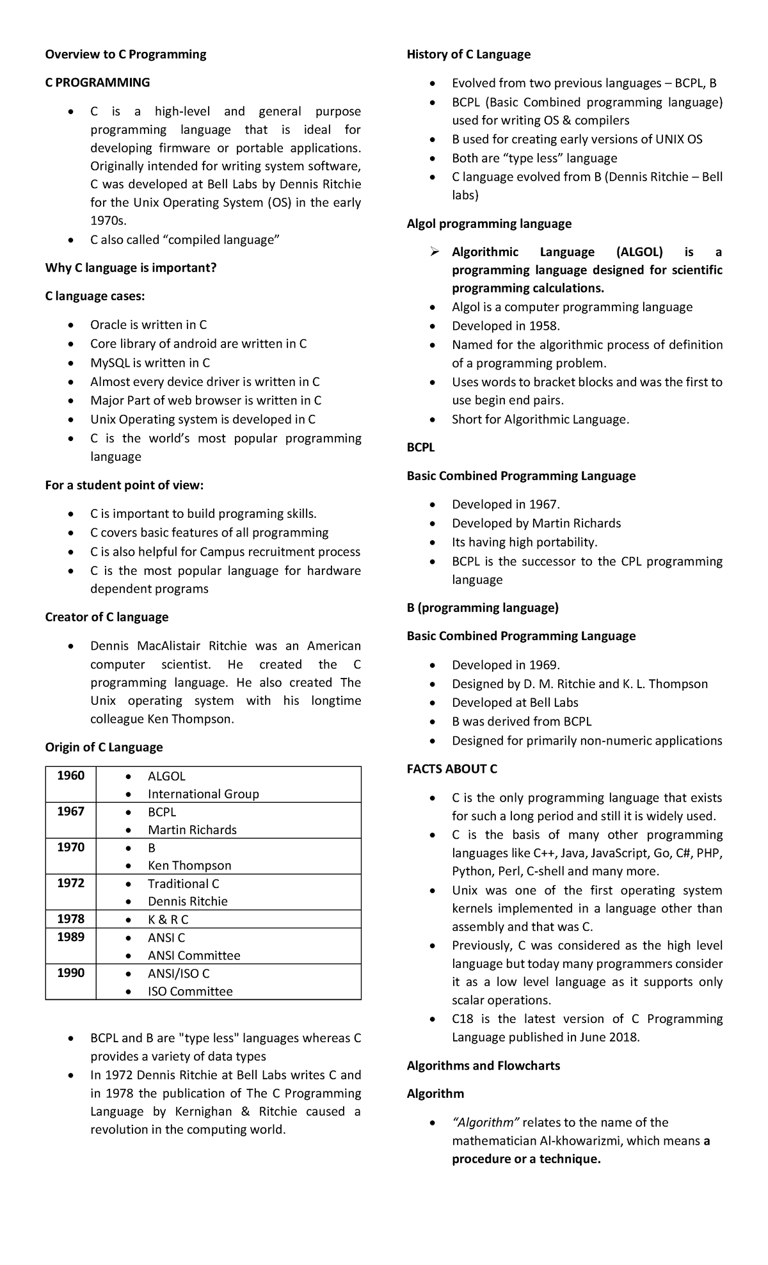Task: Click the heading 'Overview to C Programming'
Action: pos(125,54)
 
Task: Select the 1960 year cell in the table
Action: pos(70,776)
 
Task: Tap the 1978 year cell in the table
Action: pos(70,919)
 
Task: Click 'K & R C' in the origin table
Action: pos(168,920)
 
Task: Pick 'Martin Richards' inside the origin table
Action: pos(192,830)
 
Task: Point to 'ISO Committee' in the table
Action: pos(190,992)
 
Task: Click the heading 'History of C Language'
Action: pos(468,54)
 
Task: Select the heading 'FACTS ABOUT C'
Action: pos(452,769)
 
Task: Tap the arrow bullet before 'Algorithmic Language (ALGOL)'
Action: pos(435,252)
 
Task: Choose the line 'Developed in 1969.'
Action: pos(506,665)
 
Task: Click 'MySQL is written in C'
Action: pos(150,363)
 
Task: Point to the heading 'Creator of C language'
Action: pos(107,618)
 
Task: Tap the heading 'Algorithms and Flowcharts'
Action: pos(483,1066)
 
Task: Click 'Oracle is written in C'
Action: pos(148,325)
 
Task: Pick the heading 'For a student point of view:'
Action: pos(124,486)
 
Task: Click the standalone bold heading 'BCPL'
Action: pos(420,448)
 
